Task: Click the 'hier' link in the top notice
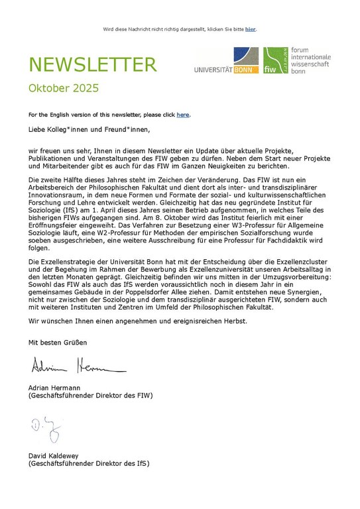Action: [x=250, y=29]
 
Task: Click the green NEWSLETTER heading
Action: [x=92, y=65]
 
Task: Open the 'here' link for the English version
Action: [x=182, y=115]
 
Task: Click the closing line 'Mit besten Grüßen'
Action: [x=57, y=342]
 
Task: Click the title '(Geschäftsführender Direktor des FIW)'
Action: [x=90, y=395]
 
